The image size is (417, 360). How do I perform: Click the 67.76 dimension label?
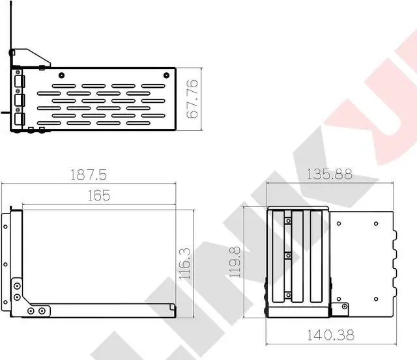click(192, 99)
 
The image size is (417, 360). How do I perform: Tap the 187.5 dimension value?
click(89, 174)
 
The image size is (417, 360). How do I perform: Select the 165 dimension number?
click(98, 195)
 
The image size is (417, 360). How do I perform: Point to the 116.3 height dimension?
click(185, 264)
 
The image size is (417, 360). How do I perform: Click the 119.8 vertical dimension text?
click(235, 262)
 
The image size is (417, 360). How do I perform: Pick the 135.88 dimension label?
click(330, 174)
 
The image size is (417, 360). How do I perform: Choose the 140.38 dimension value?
click(331, 335)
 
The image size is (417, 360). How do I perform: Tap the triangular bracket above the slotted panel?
click(31, 58)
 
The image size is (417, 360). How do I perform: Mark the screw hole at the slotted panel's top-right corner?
click(167, 75)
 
